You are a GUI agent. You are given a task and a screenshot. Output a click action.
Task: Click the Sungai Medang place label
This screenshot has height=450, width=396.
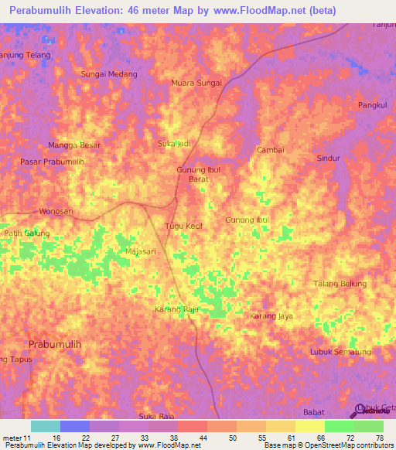point(109,74)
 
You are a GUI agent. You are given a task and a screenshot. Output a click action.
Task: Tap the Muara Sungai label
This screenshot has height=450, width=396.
point(196,83)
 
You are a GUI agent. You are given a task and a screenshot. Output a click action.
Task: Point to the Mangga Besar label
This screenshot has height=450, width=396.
point(74,145)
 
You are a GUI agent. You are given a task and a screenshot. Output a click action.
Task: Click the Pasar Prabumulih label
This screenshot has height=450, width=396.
point(52,162)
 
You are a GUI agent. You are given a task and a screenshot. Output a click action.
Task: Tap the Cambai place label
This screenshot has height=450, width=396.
point(271,150)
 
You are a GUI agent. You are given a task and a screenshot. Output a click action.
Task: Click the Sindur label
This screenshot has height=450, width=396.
point(329,158)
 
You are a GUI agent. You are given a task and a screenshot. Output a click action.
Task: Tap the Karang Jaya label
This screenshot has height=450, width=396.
point(271,316)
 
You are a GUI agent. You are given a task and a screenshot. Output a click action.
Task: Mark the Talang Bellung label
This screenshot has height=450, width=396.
point(340,284)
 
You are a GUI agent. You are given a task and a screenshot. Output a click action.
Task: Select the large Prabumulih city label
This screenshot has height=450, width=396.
point(54,343)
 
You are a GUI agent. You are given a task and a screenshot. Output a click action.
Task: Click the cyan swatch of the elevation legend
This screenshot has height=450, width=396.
point(45,426)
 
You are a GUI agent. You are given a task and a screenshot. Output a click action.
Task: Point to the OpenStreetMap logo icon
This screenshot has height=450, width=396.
point(358,410)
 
